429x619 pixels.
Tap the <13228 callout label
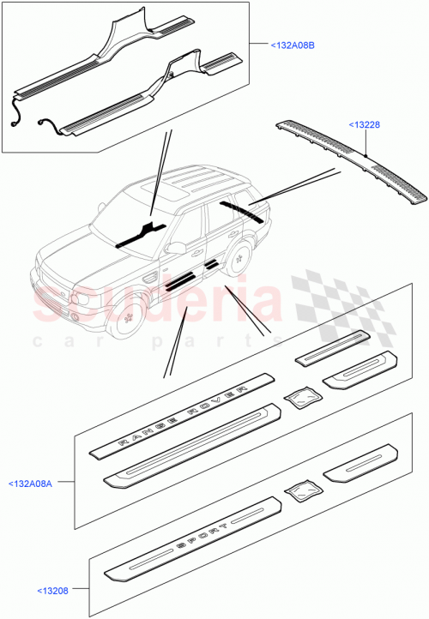point(364,125)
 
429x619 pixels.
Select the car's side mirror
point(177,248)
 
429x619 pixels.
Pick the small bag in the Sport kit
point(302,490)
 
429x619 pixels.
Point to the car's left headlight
point(82,300)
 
